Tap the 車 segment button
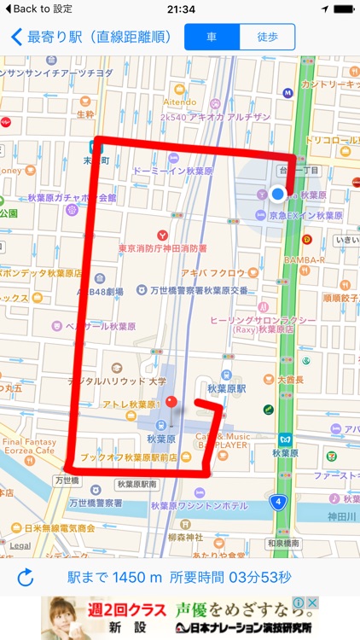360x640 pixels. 212,37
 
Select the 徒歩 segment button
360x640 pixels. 267,37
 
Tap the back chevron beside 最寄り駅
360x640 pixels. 16,38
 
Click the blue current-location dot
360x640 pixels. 277,195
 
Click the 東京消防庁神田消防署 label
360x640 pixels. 162,248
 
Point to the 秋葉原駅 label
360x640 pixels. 226,388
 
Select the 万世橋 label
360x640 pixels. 67,481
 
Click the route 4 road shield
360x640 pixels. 278,502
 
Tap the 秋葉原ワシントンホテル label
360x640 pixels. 199,505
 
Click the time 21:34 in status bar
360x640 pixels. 180,9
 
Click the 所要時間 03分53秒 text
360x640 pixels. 230,578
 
